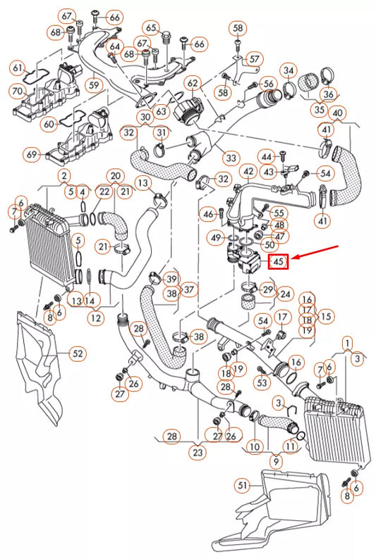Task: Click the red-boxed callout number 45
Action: coord(278,262)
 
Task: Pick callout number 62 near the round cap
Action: coord(193,84)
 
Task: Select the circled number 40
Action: coord(338,113)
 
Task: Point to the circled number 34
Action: coord(288,70)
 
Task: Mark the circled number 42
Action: coord(248,171)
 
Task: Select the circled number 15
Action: coord(326,316)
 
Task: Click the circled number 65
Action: coord(152,28)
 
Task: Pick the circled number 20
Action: coord(115,175)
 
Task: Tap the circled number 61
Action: coord(17,68)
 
